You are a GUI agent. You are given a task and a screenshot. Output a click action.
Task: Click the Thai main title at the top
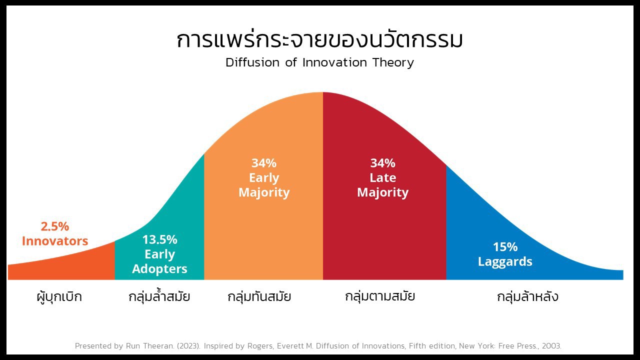[319, 40]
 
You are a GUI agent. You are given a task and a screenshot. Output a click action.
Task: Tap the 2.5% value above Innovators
[55, 226]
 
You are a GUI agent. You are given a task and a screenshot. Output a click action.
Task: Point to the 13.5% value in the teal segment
[159, 239]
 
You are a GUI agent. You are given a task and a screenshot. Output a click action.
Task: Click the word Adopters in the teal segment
[159, 269]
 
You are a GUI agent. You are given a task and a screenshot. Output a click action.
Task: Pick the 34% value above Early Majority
[264, 163]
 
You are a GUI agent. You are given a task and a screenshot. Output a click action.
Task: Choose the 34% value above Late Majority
[383, 163]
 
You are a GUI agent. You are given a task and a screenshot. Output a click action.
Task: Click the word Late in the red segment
[383, 177]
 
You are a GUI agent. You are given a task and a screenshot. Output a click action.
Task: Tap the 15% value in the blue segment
[505, 247]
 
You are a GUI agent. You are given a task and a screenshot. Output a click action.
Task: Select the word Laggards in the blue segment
[505, 262]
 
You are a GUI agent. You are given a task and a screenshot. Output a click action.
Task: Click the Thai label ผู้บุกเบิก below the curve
[59, 297]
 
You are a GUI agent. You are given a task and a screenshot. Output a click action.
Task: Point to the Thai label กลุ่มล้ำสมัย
[159, 296]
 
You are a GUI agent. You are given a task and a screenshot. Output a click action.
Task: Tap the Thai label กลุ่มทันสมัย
[259, 296]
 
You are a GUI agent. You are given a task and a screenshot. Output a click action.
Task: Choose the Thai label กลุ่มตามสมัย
[380, 296]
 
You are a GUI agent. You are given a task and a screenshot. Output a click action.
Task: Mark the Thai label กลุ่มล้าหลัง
[527, 296]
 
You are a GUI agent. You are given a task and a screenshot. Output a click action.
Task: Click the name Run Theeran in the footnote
[149, 346]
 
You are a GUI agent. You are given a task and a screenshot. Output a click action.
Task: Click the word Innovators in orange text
[55, 241]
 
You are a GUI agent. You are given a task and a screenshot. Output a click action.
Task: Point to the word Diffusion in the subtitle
[252, 62]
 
